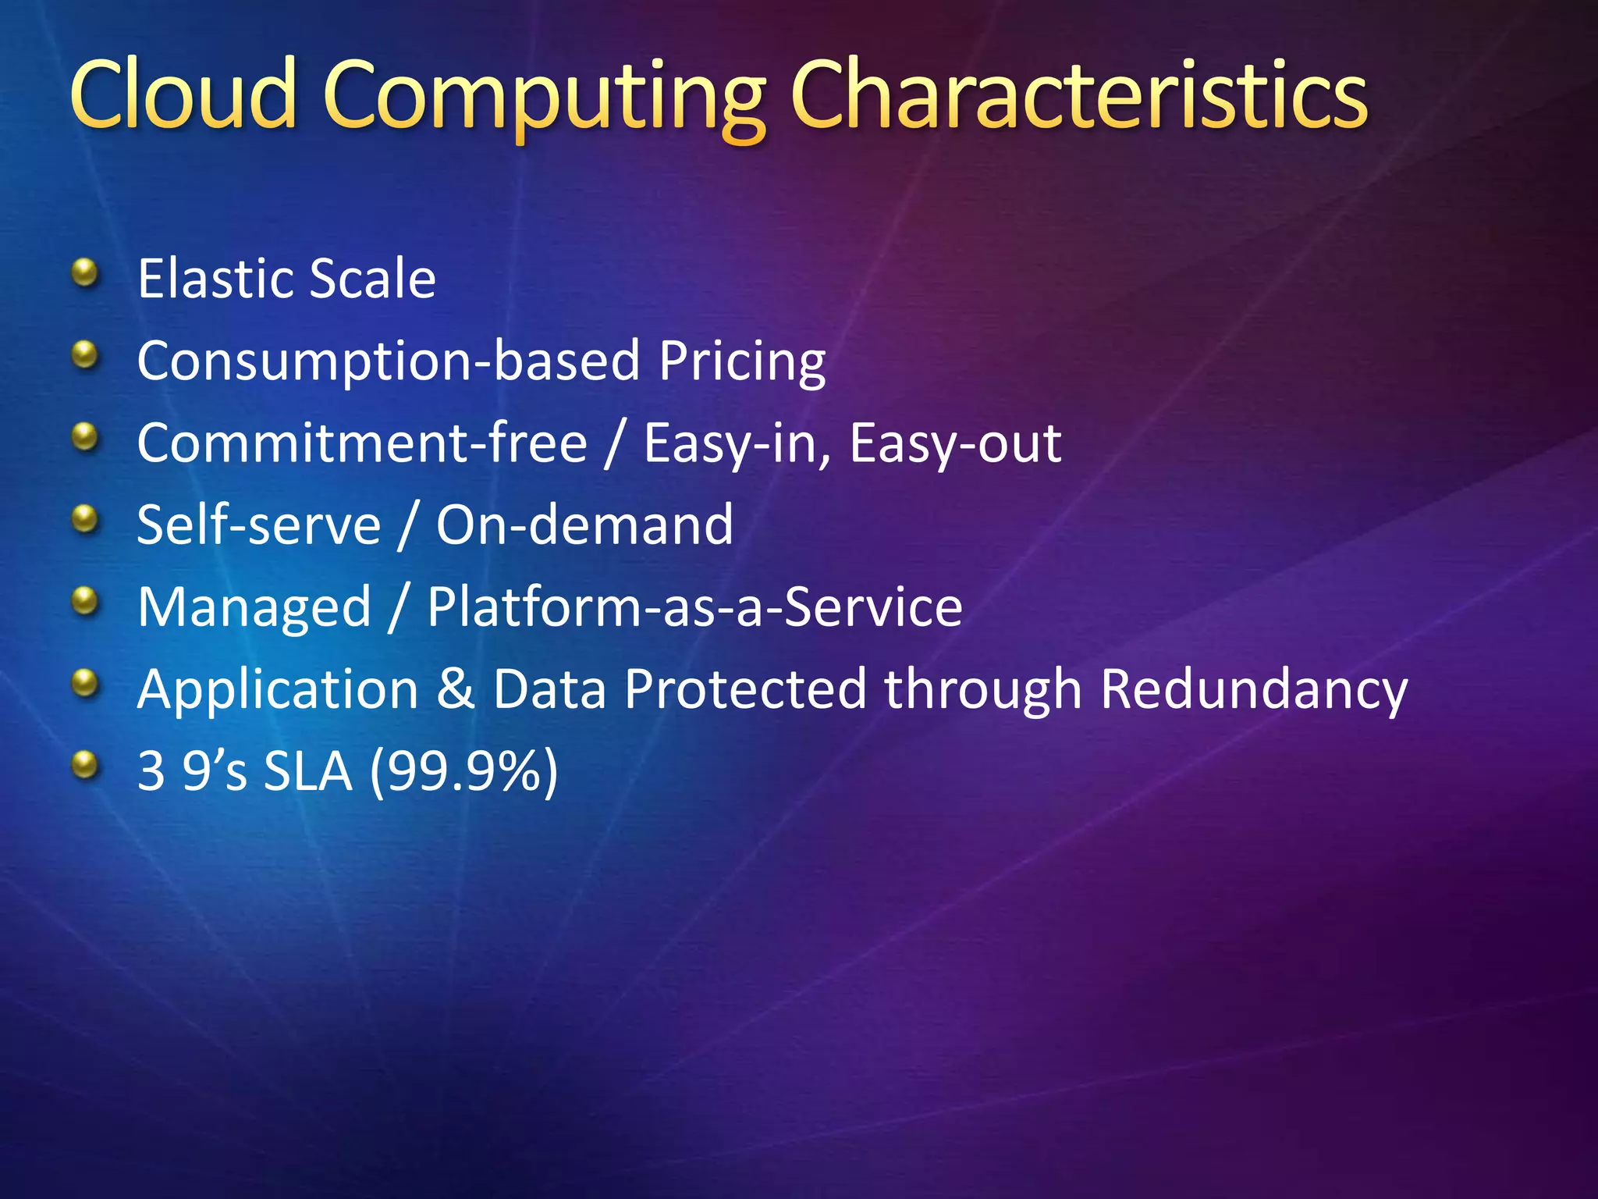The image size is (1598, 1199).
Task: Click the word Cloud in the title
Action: click(x=184, y=94)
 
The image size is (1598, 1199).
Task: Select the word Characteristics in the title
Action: click(x=1079, y=94)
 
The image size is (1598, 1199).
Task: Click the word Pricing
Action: click(x=742, y=362)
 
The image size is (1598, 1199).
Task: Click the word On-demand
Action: click(x=584, y=525)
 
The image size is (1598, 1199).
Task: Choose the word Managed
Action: click(x=254, y=608)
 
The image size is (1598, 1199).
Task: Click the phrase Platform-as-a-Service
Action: click(x=694, y=607)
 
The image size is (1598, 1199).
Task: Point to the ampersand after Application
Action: click(x=456, y=689)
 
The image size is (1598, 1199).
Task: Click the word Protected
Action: click(x=745, y=689)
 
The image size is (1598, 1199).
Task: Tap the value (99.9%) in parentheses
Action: click(x=463, y=772)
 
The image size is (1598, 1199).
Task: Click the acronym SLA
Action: click(x=307, y=772)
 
